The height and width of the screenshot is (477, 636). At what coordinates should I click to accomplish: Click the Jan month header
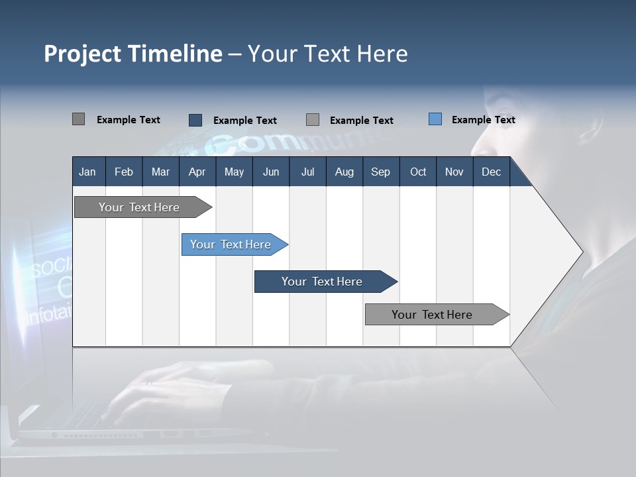pos(87,172)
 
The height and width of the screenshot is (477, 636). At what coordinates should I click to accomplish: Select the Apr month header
pos(197,172)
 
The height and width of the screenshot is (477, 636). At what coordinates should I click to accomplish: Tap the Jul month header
pos(307,172)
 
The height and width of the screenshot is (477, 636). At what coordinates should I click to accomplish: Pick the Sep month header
pos(380,172)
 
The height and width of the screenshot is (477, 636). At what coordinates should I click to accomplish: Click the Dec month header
pos(491,172)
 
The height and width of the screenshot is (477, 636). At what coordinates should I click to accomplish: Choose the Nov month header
pos(454,172)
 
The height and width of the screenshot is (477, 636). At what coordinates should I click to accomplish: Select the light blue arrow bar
pos(232,244)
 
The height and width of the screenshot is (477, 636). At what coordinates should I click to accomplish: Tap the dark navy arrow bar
pos(323,282)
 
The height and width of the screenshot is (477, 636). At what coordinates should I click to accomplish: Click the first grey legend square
pos(78,119)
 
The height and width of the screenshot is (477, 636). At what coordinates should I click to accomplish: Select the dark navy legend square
pos(195,120)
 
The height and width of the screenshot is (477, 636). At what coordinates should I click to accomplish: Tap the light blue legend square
pos(435,119)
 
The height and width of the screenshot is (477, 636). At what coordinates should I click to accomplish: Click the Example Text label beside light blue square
pos(483,120)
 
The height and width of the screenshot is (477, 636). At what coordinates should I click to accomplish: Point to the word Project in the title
pos(82,54)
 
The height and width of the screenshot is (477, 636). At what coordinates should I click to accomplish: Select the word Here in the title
pos(382,54)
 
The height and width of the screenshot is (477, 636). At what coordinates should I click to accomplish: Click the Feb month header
pos(124,172)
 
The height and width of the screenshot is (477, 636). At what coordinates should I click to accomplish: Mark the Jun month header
pos(270,172)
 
